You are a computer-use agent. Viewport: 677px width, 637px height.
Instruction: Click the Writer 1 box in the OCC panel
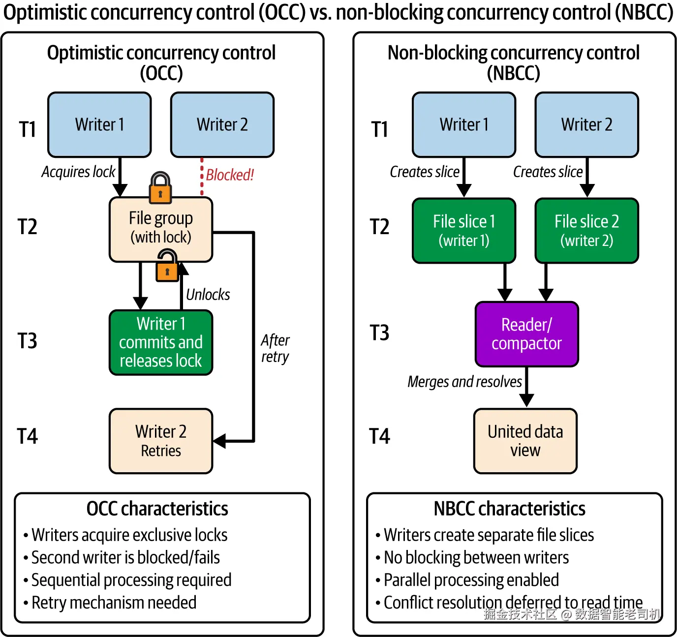[99, 125]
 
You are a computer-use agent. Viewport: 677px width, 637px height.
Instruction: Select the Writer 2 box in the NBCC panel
[586, 125]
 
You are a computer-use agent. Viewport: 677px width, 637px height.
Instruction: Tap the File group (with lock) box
[161, 229]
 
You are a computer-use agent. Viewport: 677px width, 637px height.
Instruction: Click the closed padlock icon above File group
[160, 188]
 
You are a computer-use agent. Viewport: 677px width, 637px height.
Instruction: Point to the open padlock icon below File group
[167, 266]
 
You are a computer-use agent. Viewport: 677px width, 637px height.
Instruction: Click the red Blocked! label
[230, 175]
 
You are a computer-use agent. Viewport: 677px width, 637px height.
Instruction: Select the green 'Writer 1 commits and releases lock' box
[161, 342]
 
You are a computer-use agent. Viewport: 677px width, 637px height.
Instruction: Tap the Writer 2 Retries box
[161, 441]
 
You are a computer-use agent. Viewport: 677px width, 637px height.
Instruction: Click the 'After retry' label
[275, 348]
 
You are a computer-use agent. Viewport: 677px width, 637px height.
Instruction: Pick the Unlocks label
[208, 295]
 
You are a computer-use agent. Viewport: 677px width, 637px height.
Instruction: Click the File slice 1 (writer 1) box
[464, 231]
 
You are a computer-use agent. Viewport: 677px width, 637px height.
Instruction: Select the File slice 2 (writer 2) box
[586, 231]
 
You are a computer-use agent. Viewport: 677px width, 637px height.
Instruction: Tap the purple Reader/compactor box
[526, 334]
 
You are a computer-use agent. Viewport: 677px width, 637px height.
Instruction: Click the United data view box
[525, 441]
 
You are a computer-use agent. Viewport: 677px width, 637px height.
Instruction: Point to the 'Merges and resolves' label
[464, 382]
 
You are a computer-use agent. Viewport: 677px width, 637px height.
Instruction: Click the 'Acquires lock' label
[78, 172]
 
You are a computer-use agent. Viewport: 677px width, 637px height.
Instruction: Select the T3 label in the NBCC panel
[379, 333]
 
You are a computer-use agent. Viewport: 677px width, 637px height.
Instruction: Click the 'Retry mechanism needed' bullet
[114, 603]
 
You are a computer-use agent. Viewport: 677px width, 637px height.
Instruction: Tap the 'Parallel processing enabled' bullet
[471, 580]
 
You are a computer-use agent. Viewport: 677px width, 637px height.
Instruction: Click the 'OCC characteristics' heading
[157, 509]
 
